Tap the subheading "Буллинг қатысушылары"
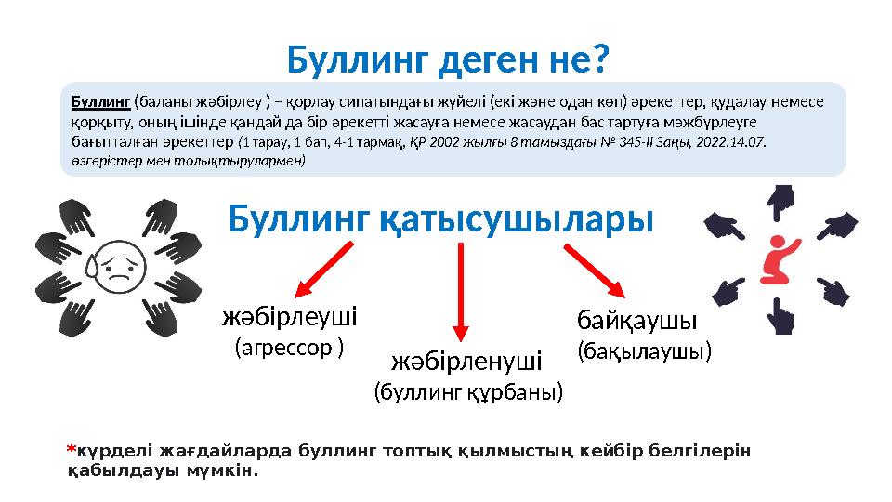pyautogui.click(x=441, y=220)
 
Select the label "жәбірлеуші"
pyautogui.click(x=290, y=318)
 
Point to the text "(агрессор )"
pyautogui.click(x=289, y=348)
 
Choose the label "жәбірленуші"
pyautogui.click(x=466, y=359)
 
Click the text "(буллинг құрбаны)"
pyautogui.click(x=468, y=392)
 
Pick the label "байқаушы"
pyautogui.click(x=637, y=321)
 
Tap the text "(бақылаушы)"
pyautogui.click(x=645, y=350)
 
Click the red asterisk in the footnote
pyautogui.click(x=70, y=451)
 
